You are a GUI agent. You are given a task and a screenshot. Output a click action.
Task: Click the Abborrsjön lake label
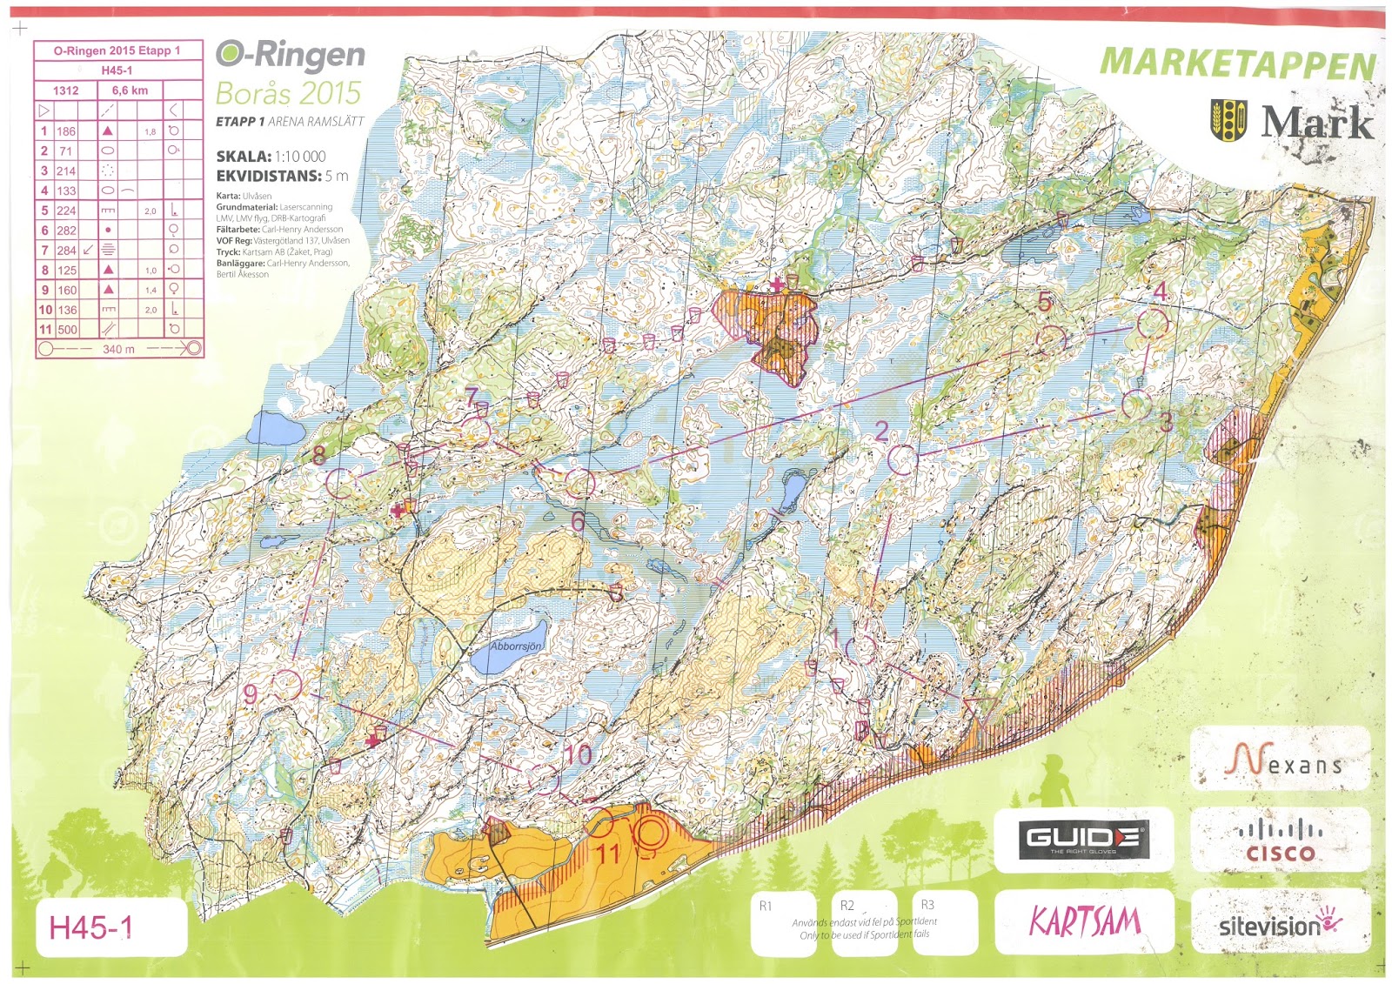[515, 646]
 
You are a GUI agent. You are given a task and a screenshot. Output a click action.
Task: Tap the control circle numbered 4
[1154, 325]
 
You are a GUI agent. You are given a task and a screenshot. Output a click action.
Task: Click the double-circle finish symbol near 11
[650, 833]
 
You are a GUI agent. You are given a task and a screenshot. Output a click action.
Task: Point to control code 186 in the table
[66, 131]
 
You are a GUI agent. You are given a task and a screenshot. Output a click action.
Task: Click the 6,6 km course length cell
[130, 90]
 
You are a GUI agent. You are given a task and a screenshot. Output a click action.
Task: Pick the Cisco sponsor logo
[1280, 840]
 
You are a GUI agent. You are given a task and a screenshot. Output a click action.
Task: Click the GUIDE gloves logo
[1084, 839]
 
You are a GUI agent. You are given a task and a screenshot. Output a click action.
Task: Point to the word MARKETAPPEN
[1237, 64]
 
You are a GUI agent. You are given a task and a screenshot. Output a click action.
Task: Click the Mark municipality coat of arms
[1228, 120]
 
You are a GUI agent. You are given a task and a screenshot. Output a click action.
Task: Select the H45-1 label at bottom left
[91, 927]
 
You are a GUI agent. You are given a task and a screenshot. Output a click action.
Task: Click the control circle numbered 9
[287, 685]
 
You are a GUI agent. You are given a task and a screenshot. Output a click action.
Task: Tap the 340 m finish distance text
[118, 349]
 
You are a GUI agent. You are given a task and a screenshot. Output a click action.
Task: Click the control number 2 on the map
[881, 431]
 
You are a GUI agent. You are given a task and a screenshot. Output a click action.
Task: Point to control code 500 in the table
[66, 330]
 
